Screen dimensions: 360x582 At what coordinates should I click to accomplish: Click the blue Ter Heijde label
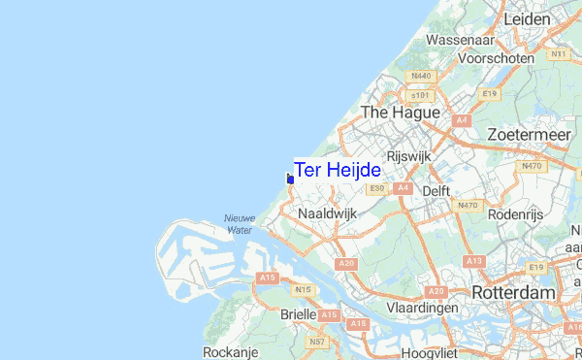tap(338, 170)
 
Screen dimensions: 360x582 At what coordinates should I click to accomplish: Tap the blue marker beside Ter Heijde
tap(290, 179)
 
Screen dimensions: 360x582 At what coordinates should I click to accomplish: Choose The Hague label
tap(400, 113)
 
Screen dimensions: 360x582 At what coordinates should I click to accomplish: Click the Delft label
tap(436, 191)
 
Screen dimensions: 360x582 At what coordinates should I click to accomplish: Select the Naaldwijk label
tap(328, 212)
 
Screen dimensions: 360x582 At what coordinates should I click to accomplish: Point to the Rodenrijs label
tap(517, 213)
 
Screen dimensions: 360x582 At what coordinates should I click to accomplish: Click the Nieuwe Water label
tap(240, 224)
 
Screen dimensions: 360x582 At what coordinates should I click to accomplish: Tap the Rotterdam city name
tap(513, 292)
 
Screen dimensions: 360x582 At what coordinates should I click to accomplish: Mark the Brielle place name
tap(297, 314)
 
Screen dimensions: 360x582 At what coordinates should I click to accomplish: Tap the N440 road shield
tap(421, 76)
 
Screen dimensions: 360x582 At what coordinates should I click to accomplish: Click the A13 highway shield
tap(473, 261)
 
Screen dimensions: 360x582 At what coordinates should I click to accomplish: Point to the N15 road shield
tap(304, 289)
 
